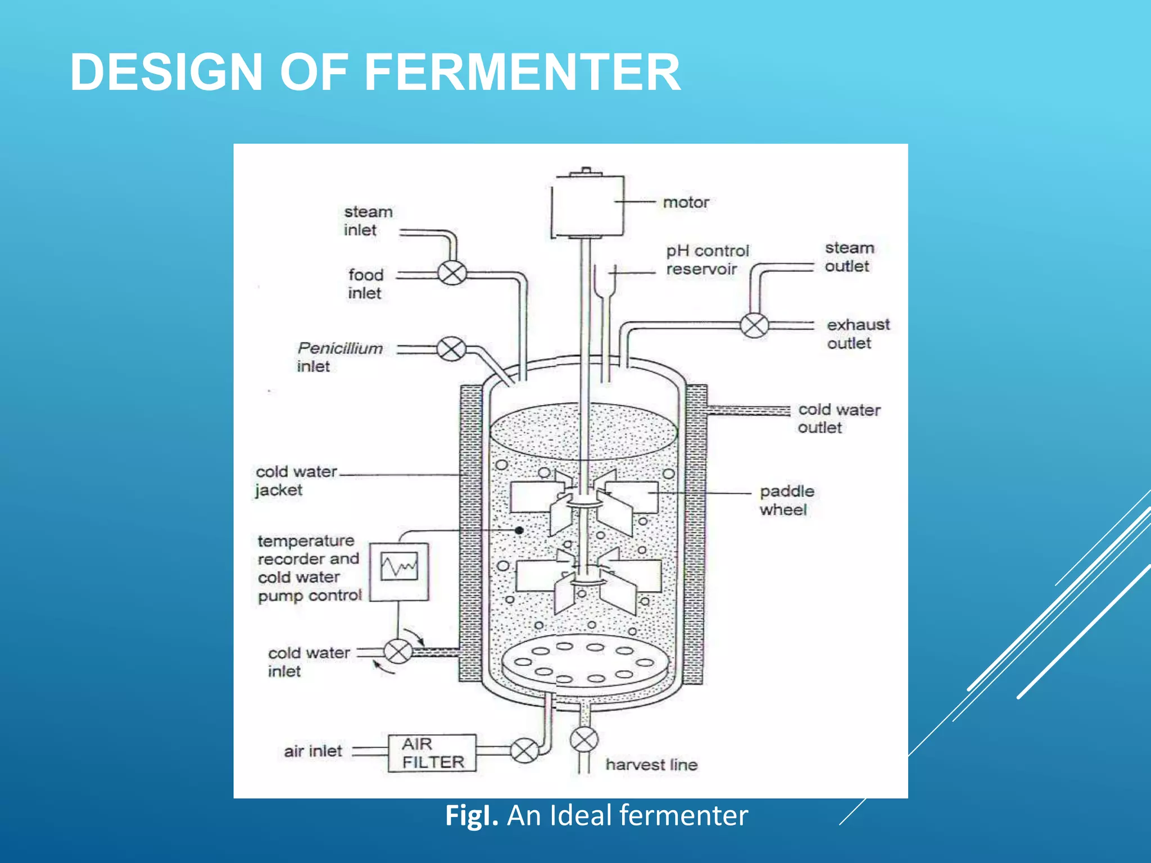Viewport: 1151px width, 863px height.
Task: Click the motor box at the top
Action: [587, 206]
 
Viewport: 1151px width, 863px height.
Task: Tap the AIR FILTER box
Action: [432, 753]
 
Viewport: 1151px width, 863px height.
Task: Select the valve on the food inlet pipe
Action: [452, 274]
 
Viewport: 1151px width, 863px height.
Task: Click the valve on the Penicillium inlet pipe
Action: [451, 349]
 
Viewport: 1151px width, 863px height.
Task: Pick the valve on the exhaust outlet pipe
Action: [754, 325]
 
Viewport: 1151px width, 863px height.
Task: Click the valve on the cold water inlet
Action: [398, 652]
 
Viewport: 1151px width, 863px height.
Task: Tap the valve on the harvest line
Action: [584, 739]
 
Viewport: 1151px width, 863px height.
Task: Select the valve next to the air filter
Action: [524, 751]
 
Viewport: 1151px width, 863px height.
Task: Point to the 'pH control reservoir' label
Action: [707, 260]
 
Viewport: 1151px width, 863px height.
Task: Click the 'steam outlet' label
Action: [849, 257]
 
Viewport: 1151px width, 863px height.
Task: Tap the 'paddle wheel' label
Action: [787, 500]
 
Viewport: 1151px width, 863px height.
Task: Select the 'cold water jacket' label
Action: [296, 480]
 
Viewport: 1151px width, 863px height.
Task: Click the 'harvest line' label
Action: [651, 765]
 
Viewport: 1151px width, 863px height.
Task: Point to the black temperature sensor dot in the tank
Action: [519, 530]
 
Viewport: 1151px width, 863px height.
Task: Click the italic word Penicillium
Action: [340, 348]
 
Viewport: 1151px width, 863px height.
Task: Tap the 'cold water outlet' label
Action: [839, 419]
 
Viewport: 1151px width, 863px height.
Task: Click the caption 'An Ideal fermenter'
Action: [627, 816]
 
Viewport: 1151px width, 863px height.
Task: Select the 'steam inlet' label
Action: [368, 221]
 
